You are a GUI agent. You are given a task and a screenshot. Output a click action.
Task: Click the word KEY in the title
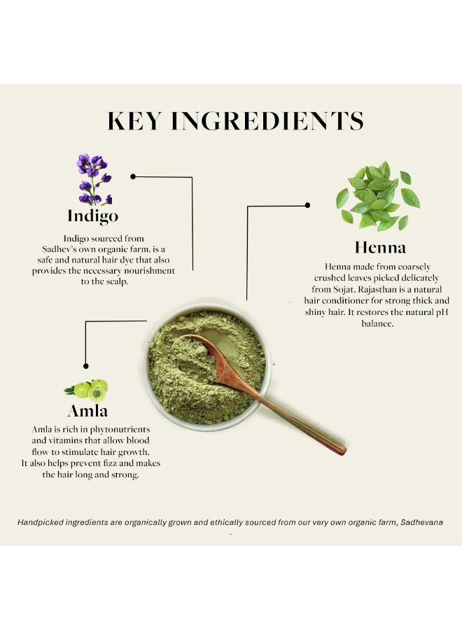click(134, 120)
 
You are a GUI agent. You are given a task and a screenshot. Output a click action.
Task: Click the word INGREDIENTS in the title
click(267, 120)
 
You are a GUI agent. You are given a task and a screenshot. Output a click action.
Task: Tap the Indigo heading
click(93, 216)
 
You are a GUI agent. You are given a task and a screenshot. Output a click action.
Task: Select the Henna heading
click(380, 247)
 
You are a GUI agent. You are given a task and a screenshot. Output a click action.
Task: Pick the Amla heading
click(87, 411)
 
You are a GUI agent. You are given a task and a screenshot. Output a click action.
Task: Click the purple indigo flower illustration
click(94, 178)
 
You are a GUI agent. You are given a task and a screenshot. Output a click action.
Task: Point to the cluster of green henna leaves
click(377, 196)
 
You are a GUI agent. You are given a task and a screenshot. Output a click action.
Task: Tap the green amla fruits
click(87, 389)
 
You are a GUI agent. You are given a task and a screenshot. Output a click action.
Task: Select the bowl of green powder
click(208, 366)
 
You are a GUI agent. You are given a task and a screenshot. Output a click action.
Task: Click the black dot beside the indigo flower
click(133, 176)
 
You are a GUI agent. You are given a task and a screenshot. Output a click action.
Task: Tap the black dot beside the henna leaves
click(307, 205)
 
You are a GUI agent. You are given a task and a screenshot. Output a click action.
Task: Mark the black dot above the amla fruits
click(85, 366)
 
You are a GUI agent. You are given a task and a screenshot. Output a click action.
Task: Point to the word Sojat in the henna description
click(343, 290)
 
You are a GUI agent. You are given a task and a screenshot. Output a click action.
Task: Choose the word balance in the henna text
click(377, 323)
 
